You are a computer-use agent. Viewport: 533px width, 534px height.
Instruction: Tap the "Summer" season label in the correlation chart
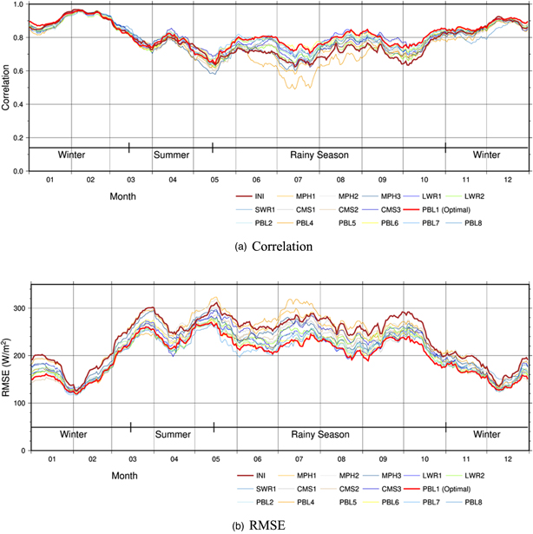171,155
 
